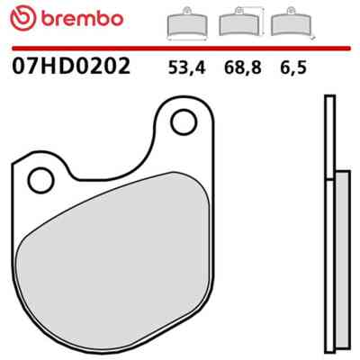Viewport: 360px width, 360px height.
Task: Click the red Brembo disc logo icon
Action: pos(22,19)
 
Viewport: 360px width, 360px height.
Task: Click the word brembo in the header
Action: pos(82,19)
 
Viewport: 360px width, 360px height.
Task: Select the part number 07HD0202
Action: pos(71,66)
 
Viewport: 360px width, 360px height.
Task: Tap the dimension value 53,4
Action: pos(186,67)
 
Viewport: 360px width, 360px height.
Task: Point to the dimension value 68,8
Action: pos(242,67)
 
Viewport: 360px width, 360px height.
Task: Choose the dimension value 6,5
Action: pos(293,67)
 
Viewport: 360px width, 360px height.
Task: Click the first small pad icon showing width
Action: pos(186,24)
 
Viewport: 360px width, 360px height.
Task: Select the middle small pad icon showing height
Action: pos(238,24)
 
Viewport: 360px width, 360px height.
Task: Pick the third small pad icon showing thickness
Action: pos(291,24)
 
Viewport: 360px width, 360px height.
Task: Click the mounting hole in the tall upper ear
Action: pos(184,121)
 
